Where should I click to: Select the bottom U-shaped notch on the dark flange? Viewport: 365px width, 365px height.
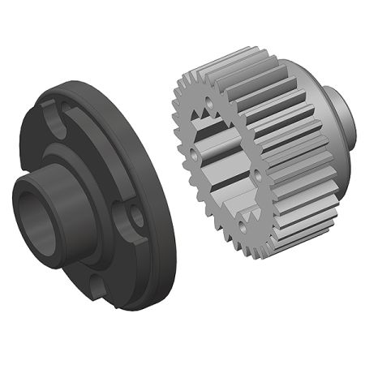click(x=97, y=284)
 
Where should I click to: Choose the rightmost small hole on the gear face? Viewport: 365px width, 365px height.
click(x=258, y=174)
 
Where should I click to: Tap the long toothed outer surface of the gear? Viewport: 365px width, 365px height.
click(x=284, y=154)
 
